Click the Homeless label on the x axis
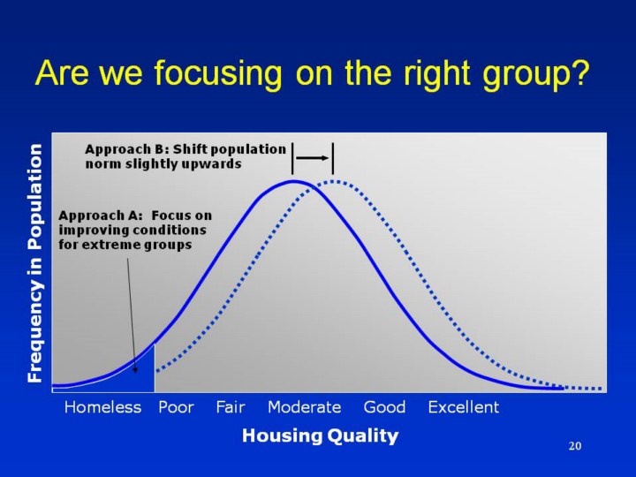(102, 407)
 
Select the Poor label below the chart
(176, 407)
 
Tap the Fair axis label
(231, 407)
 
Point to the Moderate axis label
(304, 407)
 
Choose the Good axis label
(384, 407)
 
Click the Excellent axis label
(464, 407)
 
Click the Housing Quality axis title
(321, 436)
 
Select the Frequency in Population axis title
(34, 263)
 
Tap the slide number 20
(575, 446)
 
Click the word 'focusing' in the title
(218, 73)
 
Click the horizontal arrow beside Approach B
(313, 158)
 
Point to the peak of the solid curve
(294, 182)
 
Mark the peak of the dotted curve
(333, 181)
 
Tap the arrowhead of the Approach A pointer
(135, 369)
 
